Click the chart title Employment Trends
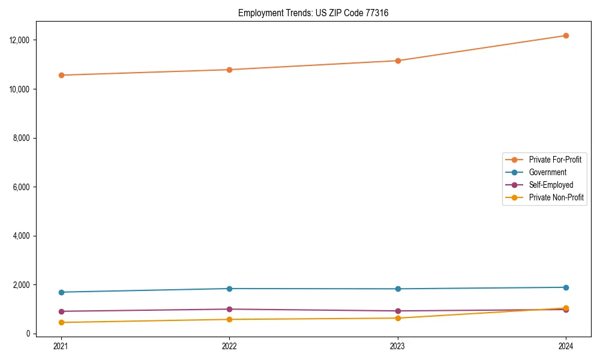click(313, 13)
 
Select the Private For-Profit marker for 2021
click(61, 75)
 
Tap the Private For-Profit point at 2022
click(229, 70)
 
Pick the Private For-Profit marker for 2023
click(398, 61)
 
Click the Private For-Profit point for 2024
click(566, 35)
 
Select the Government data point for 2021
click(61, 292)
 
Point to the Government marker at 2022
click(229, 289)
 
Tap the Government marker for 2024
click(566, 287)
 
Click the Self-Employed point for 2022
click(229, 309)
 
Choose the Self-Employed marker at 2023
click(398, 311)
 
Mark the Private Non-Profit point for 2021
click(61, 322)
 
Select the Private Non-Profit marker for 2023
click(398, 318)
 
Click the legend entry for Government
click(547, 172)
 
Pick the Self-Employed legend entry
click(551, 185)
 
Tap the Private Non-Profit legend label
click(556, 197)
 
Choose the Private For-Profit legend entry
click(555, 160)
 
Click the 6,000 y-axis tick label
click(22, 187)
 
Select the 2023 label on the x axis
click(398, 346)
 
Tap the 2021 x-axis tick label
click(61, 346)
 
